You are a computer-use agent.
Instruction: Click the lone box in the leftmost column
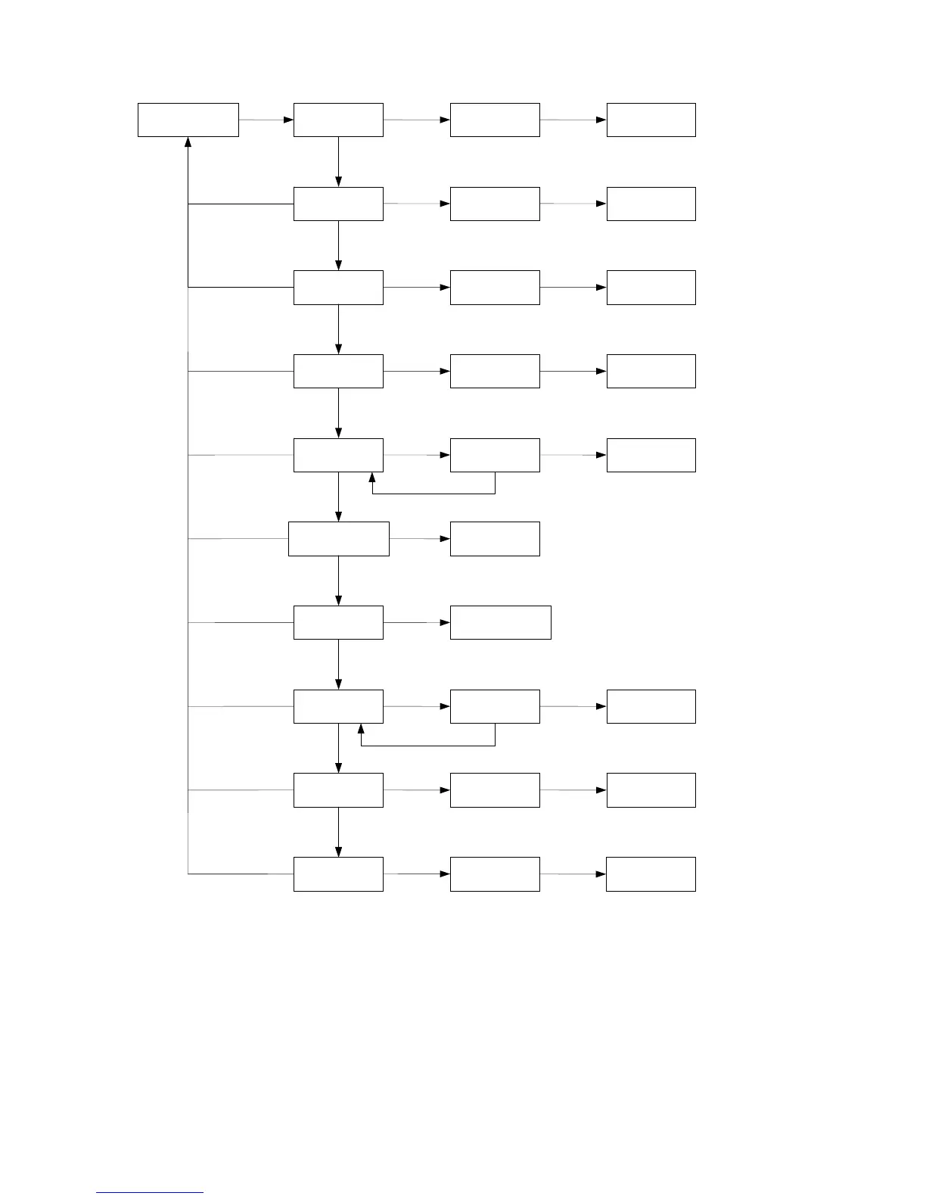pos(188,120)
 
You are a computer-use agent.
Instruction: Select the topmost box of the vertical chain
pos(338,120)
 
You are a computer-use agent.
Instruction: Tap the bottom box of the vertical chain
pos(338,874)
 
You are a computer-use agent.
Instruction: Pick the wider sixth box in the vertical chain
pos(338,538)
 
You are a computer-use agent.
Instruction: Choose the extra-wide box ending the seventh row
pos(500,622)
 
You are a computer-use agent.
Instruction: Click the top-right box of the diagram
pos(651,120)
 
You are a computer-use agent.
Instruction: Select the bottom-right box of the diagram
pos(651,874)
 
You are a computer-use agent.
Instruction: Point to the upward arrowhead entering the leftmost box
pos(188,142)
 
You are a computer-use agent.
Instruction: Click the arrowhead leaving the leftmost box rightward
pos(288,120)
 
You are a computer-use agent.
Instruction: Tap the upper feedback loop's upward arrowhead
pos(372,478)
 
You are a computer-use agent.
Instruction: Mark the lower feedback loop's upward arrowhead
pos(361,729)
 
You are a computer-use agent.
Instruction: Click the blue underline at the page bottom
pos(150,1193)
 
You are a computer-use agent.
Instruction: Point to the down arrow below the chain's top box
pos(338,181)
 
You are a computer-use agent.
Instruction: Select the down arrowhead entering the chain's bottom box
pos(338,852)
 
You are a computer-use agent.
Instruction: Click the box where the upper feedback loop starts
pos(495,455)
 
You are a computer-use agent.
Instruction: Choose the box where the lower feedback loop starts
pos(495,706)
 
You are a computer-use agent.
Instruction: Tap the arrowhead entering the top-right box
pos(601,120)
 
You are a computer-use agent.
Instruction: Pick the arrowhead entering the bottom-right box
pos(601,874)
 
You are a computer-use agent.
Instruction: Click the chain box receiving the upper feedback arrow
pos(338,455)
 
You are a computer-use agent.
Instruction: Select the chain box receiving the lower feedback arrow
pos(338,706)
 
